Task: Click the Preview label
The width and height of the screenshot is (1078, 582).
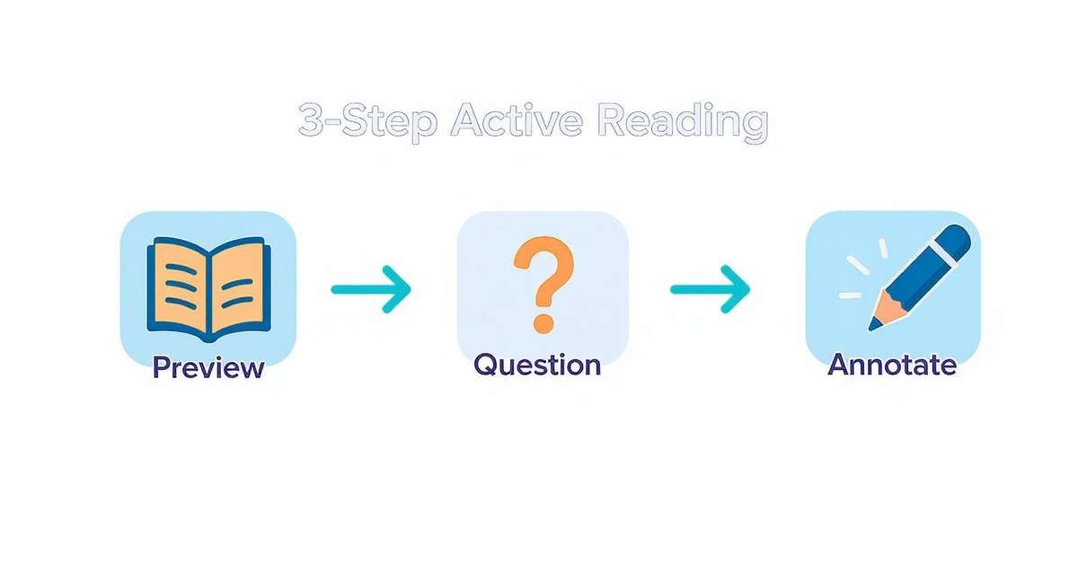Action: pos(208,367)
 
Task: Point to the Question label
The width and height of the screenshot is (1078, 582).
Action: pos(537,365)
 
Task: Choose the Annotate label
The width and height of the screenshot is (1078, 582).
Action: pos(892,365)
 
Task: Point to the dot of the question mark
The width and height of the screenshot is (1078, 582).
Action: pos(542,321)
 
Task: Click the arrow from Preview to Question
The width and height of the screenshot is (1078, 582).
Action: pos(371,288)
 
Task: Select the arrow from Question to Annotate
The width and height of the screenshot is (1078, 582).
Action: pos(710,288)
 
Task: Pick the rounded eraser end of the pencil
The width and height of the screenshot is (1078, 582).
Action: pos(955,240)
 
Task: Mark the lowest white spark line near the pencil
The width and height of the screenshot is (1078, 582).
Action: pos(850,294)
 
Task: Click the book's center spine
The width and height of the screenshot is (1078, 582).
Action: pos(208,292)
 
